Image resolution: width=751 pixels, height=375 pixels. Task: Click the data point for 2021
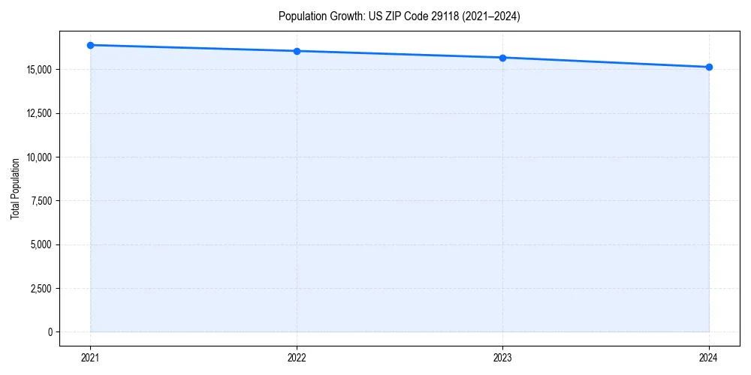click(x=90, y=45)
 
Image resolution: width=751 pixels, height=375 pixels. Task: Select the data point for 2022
click(x=297, y=51)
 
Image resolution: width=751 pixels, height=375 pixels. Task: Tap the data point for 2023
click(x=502, y=58)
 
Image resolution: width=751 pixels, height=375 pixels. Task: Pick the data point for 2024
click(x=709, y=67)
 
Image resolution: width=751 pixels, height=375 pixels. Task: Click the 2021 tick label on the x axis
click(x=90, y=358)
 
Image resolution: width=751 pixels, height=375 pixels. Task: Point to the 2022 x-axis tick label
click(x=297, y=358)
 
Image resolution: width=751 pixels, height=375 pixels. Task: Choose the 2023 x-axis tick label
click(x=502, y=358)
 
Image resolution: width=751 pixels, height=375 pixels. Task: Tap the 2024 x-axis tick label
click(x=709, y=358)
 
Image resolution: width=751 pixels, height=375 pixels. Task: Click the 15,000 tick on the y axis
click(x=38, y=70)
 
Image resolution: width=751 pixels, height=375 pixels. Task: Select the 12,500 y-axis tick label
click(x=38, y=113)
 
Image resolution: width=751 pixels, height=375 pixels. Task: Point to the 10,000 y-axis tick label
click(x=38, y=157)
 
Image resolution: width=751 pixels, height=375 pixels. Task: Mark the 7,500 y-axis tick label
click(x=41, y=201)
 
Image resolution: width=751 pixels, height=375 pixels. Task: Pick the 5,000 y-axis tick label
click(x=41, y=244)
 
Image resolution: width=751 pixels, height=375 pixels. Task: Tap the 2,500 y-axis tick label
click(x=41, y=288)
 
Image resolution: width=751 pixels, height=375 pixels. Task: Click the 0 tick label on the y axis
click(x=50, y=332)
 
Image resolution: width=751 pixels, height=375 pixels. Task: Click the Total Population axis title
click(x=15, y=188)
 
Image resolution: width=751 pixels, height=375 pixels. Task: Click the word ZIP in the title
click(x=393, y=16)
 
